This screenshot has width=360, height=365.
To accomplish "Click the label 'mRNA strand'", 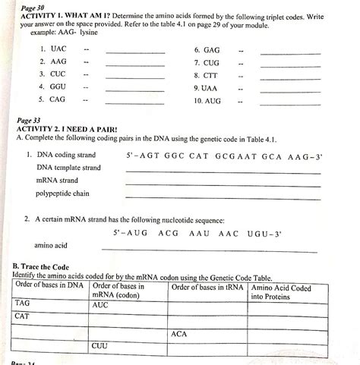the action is (x=57, y=181).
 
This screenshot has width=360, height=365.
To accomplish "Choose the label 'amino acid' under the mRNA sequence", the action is (x=51, y=245).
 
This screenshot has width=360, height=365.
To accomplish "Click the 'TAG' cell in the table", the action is (x=23, y=303).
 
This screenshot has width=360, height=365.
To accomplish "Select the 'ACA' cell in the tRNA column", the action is (x=179, y=334).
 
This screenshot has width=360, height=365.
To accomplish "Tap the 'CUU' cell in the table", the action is (x=100, y=345).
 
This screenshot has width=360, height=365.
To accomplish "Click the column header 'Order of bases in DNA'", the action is (x=49, y=288).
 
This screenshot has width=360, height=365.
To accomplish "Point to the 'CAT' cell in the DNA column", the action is (x=23, y=316).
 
